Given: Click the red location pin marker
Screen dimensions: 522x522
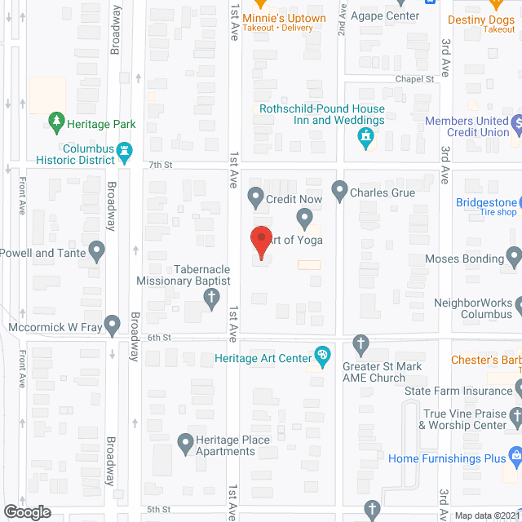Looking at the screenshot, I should click(260, 240).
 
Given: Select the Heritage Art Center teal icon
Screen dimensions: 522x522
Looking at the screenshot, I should click(323, 357).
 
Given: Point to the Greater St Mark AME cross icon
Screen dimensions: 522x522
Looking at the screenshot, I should click(361, 343).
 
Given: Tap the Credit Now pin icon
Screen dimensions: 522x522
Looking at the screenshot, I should click(255, 195).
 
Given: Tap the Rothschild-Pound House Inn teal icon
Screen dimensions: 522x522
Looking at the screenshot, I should click(366, 137).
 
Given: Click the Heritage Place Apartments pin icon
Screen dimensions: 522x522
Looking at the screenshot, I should click(185, 444).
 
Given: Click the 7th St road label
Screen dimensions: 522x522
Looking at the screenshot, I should click(157, 165).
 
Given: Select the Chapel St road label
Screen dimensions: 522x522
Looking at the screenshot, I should click(414, 79).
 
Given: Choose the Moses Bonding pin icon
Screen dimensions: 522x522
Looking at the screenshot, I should click(514, 259).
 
